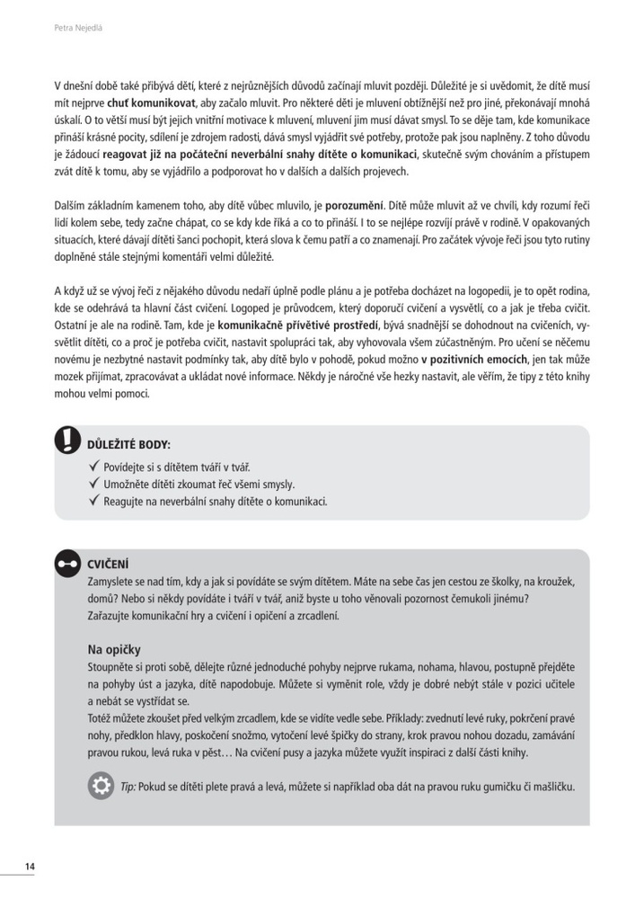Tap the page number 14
[30, 867]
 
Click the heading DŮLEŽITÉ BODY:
[128, 445]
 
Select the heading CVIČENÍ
[108, 565]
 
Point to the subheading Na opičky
[114, 649]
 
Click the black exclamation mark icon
[68, 441]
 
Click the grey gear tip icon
[101, 787]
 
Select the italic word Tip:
[128, 788]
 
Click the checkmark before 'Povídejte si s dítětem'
[96, 467]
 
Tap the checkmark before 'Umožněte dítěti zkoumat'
[96, 484]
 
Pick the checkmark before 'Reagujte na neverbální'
[96, 501]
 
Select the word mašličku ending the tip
[551, 788]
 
